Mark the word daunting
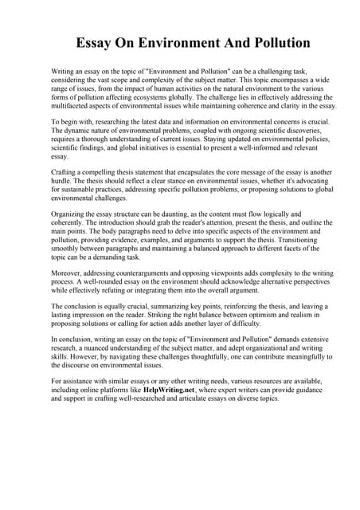coord(186,214)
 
